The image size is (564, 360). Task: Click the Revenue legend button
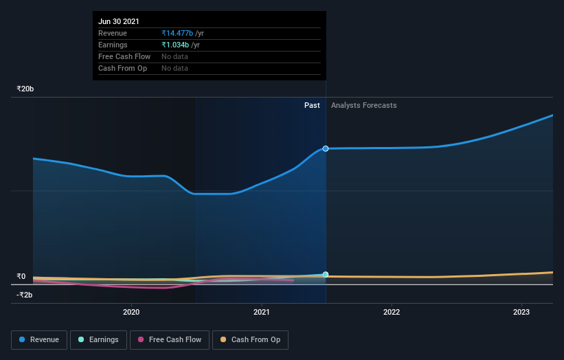[x=40, y=339]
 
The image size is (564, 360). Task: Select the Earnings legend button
[x=99, y=339]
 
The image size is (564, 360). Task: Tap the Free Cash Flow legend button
[x=170, y=339]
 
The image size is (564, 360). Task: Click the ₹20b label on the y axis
[x=25, y=89]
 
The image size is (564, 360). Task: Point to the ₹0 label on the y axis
[x=21, y=276]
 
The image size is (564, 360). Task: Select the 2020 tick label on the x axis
[x=131, y=312]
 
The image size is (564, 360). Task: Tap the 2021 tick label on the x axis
[x=261, y=312]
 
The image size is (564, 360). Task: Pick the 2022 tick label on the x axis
[x=392, y=312]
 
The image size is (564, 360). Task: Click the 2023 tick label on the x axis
[x=521, y=312]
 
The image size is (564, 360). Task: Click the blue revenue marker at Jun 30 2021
[x=326, y=148]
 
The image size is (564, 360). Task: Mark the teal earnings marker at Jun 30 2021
[x=326, y=274]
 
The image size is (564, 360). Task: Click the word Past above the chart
[x=312, y=105]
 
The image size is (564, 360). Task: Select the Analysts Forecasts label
[x=363, y=105]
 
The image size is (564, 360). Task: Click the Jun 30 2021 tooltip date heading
[x=118, y=21]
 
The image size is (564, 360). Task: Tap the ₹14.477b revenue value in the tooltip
[x=177, y=33]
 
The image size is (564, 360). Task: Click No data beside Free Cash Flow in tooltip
[x=174, y=56]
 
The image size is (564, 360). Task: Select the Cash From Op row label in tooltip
[x=124, y=68]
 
